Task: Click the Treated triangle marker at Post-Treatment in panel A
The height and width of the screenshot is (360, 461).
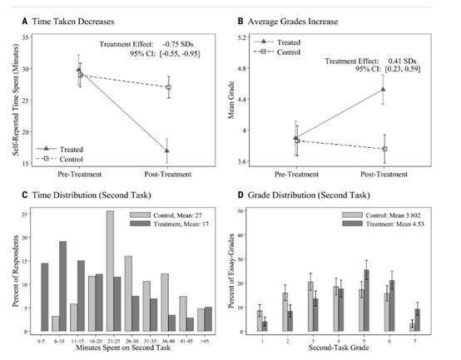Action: point(167,150)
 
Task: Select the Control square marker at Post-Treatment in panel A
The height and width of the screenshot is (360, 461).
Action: point(169,87)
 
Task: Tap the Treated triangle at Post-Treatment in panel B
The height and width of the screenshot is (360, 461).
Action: point(383,89)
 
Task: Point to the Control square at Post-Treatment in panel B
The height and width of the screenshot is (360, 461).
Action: point(384,149)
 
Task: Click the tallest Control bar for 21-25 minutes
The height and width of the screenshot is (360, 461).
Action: point(110,271)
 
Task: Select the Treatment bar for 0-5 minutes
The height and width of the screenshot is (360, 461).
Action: point(45,297)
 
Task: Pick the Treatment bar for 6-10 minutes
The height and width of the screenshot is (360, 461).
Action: point(63,286)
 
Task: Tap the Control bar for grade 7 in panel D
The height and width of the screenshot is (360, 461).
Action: point(413,328)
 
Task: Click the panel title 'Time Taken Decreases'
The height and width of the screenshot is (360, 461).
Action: point(73,22)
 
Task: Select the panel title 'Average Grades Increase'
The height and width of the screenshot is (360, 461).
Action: point(293,22)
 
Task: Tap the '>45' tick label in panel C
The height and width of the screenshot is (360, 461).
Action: point(205,341)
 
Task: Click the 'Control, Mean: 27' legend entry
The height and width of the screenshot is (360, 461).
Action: point(166,215)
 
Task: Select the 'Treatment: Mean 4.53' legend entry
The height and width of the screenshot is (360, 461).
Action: point(383,224)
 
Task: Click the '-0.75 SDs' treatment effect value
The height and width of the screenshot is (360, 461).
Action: point(178,44)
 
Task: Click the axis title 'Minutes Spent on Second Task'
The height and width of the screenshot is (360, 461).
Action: point(123,348)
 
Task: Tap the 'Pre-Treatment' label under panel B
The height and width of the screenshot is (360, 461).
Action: point(296,174)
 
